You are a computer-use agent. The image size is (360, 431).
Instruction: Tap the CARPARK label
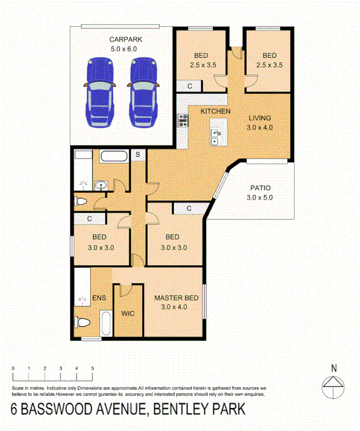126,40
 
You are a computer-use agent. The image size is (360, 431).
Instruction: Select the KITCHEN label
216,111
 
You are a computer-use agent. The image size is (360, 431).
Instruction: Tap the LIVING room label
261,118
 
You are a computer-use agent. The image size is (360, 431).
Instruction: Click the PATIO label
260,188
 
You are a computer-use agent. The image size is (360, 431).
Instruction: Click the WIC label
128,314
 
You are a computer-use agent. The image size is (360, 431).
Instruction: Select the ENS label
99,298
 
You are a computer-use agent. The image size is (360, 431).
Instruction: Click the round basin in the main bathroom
101,185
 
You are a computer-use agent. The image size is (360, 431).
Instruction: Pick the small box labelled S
138,155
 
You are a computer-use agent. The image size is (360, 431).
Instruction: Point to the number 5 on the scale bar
92,369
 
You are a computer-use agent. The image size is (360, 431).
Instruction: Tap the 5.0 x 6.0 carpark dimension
126,49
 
